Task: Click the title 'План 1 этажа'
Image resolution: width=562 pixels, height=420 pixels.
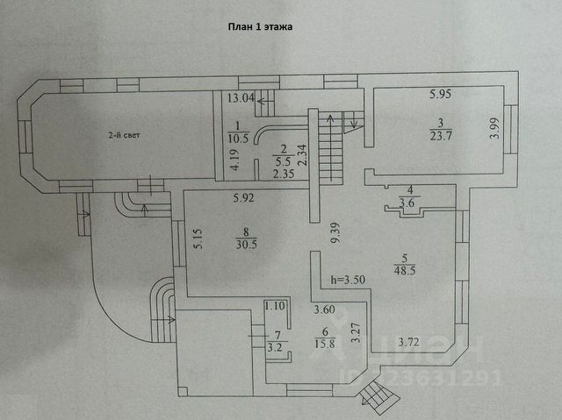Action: pyautogui.click(x=261, y=27)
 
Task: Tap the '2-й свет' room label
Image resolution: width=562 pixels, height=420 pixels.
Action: pyautogui.click(x=123, y=136)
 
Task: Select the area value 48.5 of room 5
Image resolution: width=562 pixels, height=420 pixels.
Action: pyautogui.click(x=406, y=271)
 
